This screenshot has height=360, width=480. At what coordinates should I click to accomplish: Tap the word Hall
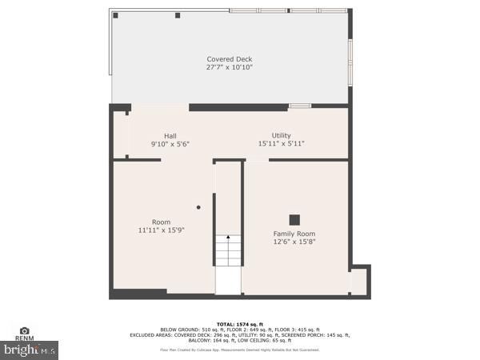(x=170, y=135)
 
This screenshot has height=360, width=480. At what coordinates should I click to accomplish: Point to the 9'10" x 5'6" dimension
(x=170, y=144)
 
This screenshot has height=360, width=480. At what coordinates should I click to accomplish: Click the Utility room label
(x=281, y=135)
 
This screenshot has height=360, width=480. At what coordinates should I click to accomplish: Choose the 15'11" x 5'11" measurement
(x=281, y=144)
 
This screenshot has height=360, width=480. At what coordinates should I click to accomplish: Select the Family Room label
(x=294, y=234)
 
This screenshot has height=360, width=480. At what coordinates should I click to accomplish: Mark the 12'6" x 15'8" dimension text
(x=294, y=242)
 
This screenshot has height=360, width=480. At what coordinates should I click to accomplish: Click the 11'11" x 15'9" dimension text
(x=161, y=230)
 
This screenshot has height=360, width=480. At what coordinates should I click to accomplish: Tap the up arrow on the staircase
(x=228, y=238)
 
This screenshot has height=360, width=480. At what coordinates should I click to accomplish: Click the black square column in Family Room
(x=294, y=218)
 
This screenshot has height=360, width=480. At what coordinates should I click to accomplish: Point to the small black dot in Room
(x=198, y=207)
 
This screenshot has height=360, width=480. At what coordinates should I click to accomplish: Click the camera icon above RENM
(x=24, y=330)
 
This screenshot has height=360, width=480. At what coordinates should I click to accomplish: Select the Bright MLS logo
(x=30, y=350)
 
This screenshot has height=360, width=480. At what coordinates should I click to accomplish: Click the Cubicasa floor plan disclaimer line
(x=240, y=350)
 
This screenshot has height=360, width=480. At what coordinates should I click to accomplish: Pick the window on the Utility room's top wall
(x=300, y=106)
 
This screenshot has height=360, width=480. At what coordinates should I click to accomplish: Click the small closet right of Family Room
(x=358, y=280)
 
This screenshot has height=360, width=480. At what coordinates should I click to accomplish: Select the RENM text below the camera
(x=24, y=338)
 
